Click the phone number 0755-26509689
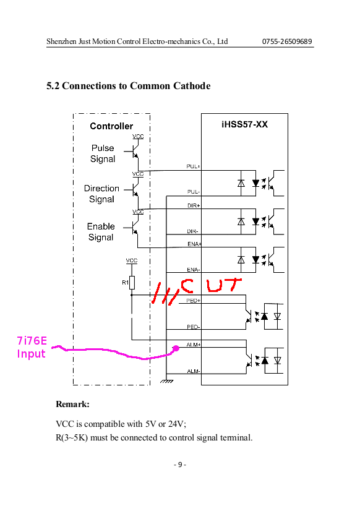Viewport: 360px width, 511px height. click(287, 41)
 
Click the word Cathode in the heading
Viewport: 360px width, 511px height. click(192, 86)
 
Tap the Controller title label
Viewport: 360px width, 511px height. click(111, 126)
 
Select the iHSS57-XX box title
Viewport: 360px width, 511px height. click(245, 124)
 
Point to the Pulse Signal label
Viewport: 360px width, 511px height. click(103, 153)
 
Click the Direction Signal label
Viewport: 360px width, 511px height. click(101, 194)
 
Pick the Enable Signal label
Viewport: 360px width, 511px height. click(101, 232)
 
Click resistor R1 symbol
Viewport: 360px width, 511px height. click(132, 283)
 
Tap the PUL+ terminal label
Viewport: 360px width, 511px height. click(193, 166)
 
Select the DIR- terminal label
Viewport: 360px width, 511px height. click(192, 231)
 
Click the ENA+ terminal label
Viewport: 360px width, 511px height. click(194, 244)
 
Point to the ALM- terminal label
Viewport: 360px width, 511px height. click(194, 371)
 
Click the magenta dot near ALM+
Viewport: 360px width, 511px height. click(176, 348)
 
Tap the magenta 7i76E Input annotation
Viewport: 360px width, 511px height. click(32, 348)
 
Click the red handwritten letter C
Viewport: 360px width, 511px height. click(187, 285)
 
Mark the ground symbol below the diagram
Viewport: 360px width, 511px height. click(166, 380)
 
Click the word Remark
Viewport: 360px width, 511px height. click(72, 404)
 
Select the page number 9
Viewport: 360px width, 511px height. click(180, 465)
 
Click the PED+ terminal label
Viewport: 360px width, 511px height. click(194, 301)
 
